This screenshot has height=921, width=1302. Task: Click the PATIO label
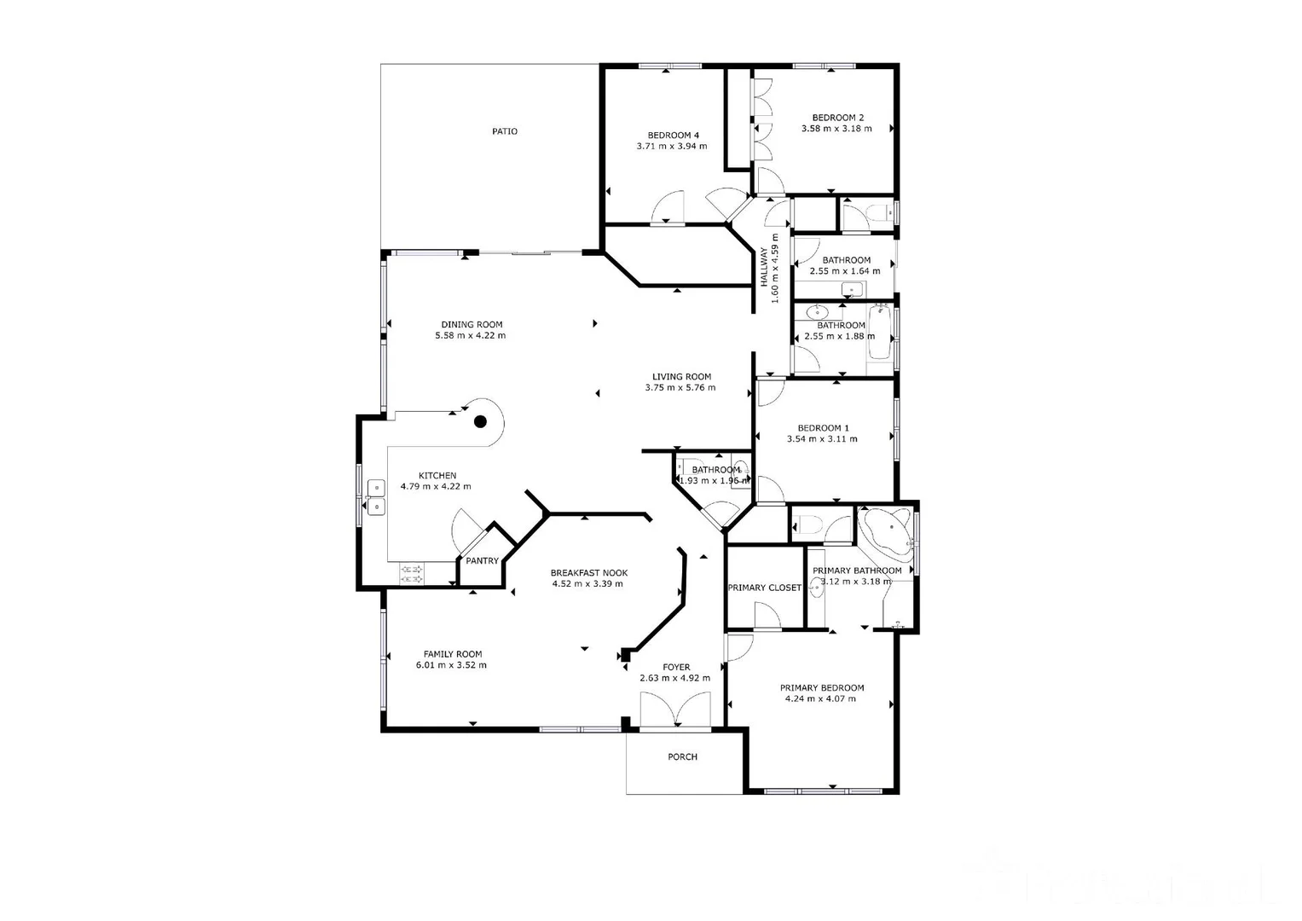click(x=504, y=131)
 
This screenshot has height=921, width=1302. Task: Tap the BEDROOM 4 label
click(x=673, y=135)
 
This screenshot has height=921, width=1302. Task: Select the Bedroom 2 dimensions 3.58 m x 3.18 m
click(x=836, y=129)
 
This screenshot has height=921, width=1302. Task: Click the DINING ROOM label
click(x=472, y=324)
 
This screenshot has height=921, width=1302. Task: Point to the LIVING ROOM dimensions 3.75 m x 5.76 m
click(x=680, y=388)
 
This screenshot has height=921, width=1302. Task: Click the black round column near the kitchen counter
click(x=480, y=421)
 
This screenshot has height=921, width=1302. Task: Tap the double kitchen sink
click(x=376, y=497)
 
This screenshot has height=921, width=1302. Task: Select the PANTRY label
click(x=482, y=561)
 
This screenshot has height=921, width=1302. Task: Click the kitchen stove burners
click(x=413, y=574)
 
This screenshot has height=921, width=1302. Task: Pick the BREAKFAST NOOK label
click(x=588, y=573)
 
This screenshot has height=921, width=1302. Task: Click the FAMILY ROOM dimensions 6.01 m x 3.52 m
click(x=451, y=665)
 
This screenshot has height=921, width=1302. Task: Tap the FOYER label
click(x=676, y=668)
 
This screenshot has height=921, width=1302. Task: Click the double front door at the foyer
click(x=675, y=710)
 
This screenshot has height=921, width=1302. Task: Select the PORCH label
click(x=682, y=756)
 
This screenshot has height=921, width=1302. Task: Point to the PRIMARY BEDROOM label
click(x=822, y=687)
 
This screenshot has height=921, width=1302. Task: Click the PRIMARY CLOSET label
click(x=764, y=588)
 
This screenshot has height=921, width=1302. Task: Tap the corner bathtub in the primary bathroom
click(x=888, y=529)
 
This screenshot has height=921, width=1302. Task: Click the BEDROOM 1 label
click(x=823, y=428)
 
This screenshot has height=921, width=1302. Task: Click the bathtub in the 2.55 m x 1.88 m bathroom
click(x=880, y=339)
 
